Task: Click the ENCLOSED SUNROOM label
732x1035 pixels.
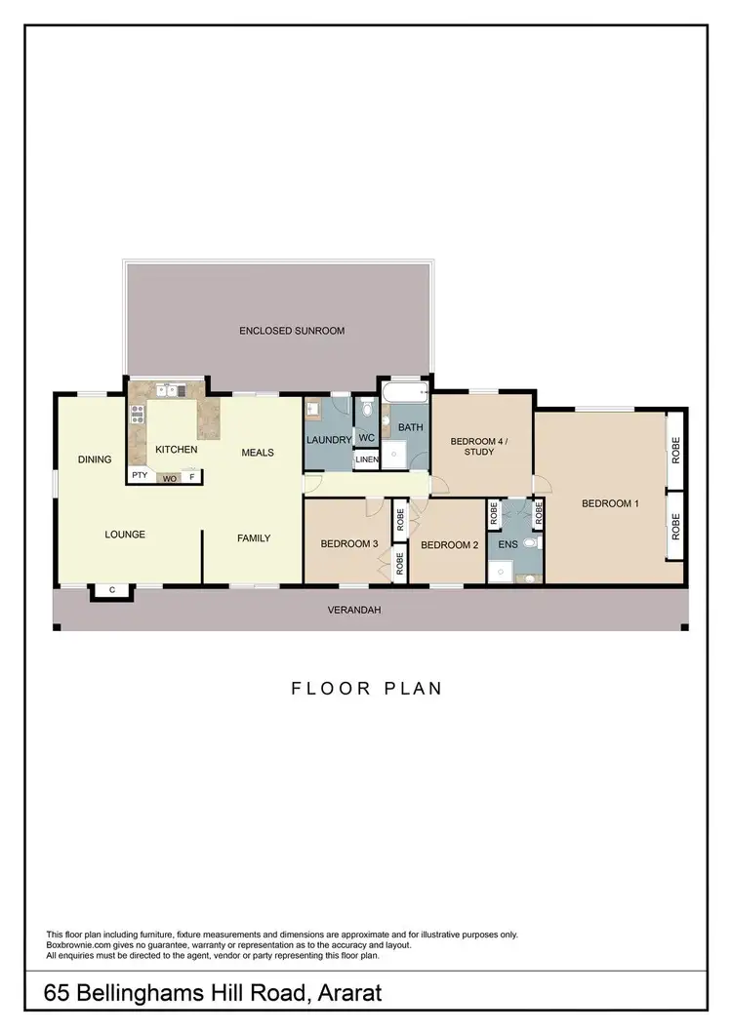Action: (292, 331)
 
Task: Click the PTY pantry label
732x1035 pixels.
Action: (140, 477)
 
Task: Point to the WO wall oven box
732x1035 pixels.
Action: (169, 478)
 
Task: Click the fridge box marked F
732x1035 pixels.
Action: (192, 477)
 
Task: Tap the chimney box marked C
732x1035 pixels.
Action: (112, 590)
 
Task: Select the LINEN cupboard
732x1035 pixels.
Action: (366, 459)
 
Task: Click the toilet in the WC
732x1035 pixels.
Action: (366, 413)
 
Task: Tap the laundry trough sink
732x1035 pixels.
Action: (315, 411)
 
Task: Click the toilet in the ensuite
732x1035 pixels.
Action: (530, 542)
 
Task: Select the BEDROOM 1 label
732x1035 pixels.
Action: (610, 503)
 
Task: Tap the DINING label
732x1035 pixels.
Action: (96, 459)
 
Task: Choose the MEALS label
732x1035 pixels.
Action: (258, 453)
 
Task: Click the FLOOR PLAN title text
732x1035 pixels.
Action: (367, 689)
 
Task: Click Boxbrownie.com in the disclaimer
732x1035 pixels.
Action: (79, 944)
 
